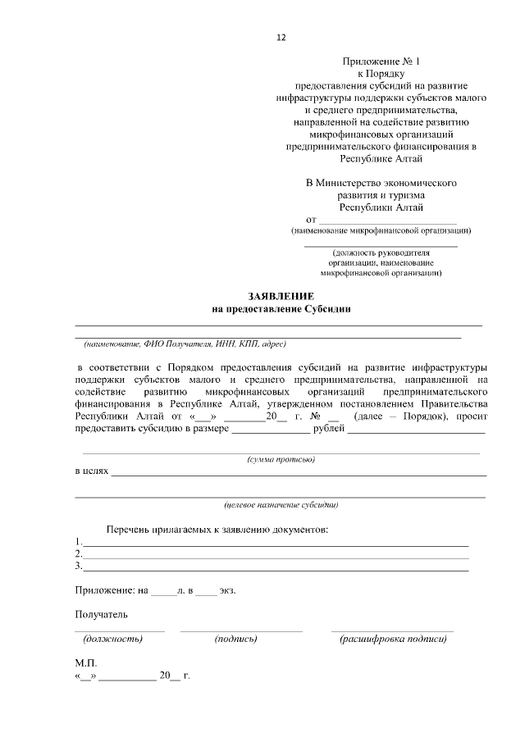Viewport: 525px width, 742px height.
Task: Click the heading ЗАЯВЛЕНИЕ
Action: (x=281, y=295)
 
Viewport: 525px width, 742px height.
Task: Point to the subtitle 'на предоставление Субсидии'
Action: (x=281, y=308)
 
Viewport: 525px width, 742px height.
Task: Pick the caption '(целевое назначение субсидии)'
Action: (x=281, y=504)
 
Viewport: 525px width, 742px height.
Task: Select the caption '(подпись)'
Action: (x=235, y=639)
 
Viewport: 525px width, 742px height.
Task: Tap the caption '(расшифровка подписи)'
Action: (x=393, y=639)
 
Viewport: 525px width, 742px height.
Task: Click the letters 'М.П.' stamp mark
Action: (x=85, y=662)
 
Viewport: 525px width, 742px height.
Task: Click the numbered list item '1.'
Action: (x=78, y=542)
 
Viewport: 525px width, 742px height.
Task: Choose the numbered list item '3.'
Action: (x=78, y=566)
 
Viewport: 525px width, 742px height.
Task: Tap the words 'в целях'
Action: (x=91, y=472)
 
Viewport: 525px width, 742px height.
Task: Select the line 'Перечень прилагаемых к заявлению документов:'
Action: (x=217, y=529)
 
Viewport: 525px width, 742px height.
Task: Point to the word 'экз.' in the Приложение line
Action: (x=227, y=590)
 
